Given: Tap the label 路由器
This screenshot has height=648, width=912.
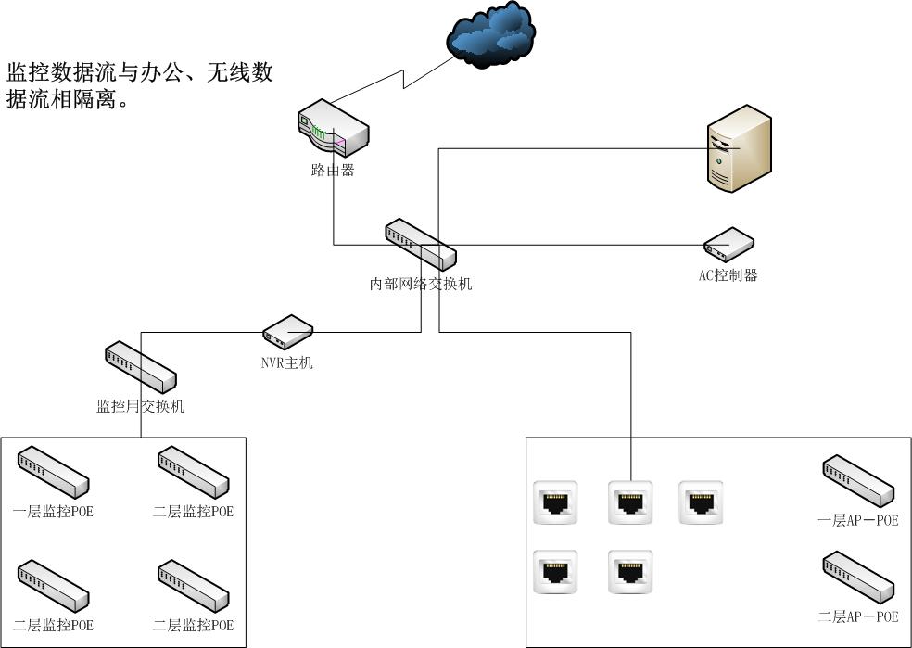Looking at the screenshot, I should [x=333, y=171].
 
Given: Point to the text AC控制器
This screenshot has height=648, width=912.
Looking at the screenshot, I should [x=728, y=275].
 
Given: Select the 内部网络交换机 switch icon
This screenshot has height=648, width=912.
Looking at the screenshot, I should [x=421, y=245].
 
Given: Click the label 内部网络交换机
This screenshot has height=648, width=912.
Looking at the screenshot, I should [x=421, y=284].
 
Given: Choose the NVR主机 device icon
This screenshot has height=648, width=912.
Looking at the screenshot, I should [x=287, y=331].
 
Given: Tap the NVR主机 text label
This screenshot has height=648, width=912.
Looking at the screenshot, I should [x=287, y=362].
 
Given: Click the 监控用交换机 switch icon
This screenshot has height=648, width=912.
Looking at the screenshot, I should [x=140, y=367].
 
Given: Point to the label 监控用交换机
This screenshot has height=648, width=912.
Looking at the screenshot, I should [x=141, y=406].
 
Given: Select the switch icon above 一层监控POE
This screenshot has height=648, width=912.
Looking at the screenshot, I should [x=53, y=472].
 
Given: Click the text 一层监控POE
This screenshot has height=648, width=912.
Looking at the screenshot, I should [x=53, y=511].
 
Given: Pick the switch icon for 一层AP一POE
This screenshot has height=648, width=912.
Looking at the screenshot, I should [x=858, y=480].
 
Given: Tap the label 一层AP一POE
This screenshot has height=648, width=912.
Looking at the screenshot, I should [x=858, y=520].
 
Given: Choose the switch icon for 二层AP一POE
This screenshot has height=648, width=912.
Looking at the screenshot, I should [x=858, y=577].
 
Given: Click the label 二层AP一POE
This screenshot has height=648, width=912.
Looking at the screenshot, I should [x=858, y=616].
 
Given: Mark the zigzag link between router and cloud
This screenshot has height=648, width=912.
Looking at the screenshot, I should [x=405, y=78].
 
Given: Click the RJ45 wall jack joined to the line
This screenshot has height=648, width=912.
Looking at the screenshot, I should [x=630, y=502].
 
